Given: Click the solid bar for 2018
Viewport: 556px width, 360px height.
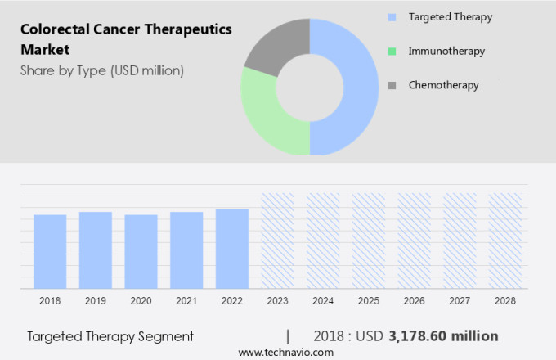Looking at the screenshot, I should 50,251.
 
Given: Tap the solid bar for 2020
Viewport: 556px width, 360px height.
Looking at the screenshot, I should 141,251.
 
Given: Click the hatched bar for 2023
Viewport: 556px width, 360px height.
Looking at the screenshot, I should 277,241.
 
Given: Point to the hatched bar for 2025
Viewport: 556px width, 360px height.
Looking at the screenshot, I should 369,241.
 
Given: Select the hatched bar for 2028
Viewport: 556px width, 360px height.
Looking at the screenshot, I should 505,241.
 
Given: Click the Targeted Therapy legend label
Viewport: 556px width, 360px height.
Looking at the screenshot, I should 451,17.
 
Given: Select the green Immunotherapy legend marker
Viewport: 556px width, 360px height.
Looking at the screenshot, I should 392,52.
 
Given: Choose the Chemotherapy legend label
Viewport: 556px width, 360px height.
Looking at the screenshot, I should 443,85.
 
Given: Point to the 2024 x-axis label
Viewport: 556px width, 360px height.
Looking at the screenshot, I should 323,301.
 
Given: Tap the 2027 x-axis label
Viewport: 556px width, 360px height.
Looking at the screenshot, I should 460,301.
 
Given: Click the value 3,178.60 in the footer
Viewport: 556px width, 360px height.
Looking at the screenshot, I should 422,336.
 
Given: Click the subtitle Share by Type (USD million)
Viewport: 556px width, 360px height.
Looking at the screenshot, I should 102,70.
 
